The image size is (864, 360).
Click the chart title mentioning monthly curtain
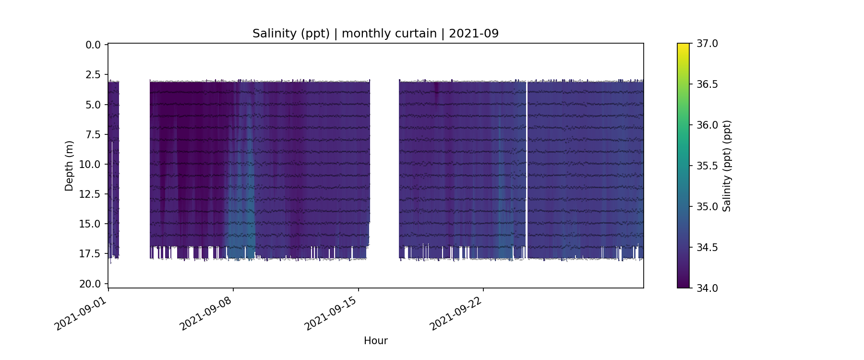click(375, 34)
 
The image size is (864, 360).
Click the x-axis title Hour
click(375, 341)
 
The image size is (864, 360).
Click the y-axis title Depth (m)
click(69, 166)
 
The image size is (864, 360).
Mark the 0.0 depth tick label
click(93, 45)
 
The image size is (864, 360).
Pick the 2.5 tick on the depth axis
click(93, 75)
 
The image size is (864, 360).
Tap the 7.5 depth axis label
click(93, 134)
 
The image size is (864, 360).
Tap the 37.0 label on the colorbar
click(707, 44)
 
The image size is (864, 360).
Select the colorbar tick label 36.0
click(707, 125)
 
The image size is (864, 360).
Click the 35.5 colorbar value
click(707, 166)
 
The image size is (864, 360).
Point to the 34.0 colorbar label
click(707, 288)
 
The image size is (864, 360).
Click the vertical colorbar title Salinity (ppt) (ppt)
click(727, 166)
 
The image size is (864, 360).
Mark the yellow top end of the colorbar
click(683, 46)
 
